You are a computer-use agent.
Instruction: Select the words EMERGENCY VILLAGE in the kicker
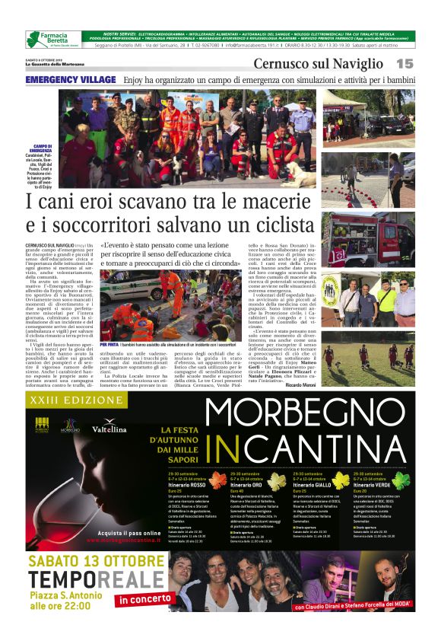pyautogui.click(x=71, y=79)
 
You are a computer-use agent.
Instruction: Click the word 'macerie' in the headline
pyautogui.click(x=258, y=203)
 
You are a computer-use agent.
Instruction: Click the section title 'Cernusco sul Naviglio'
pyautogui.click(x=318, y=63)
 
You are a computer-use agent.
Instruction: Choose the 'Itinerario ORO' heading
pyautogui.click(x=246, y=485)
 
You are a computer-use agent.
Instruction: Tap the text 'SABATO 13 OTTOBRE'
pyautogui.click(x=94, y=562)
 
